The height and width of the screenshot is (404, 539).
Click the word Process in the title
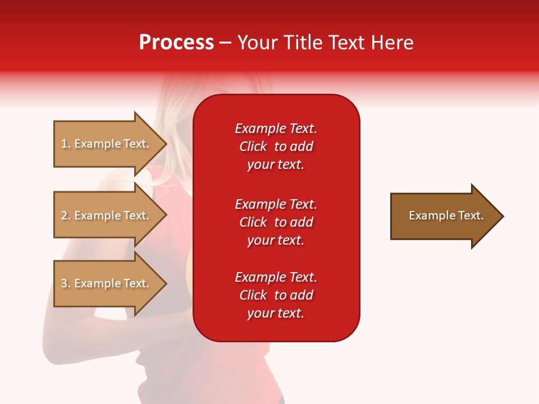point(176,43)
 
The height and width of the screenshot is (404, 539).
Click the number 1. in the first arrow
point(66,144)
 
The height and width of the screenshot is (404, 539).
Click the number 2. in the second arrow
point(66,215)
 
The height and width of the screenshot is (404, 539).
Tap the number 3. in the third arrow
point(66,283)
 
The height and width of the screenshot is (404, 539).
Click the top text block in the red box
point(276,146)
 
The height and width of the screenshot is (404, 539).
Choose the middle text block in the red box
point(276,222)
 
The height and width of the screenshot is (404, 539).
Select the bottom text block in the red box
point(276,295)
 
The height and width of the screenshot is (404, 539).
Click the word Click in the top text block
point(253,146)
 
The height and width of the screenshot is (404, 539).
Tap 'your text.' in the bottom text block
point(276,313)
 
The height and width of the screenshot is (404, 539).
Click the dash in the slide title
point(225,43)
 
